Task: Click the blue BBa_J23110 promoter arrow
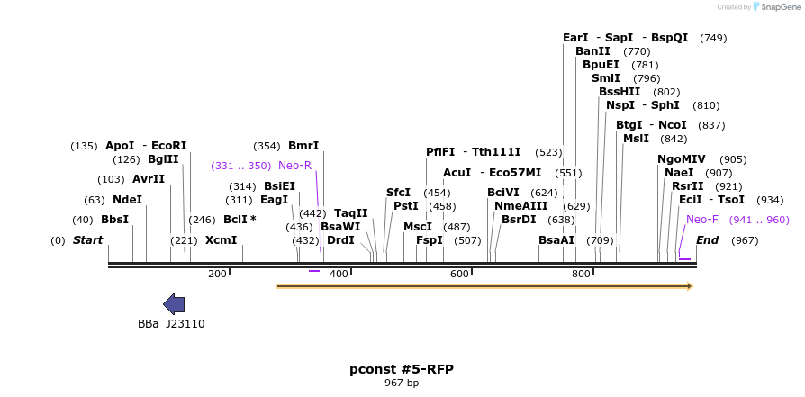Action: [174, 304]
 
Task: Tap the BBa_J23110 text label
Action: [171, 324]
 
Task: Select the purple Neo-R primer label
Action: [294, 166]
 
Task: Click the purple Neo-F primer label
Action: [702, 219]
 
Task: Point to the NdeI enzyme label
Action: [127, 199]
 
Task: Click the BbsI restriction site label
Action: [114, 220]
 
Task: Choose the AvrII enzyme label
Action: [149, 179]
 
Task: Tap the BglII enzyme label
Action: [163, 159]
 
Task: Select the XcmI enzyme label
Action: [221, 240]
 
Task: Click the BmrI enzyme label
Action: [303, 146]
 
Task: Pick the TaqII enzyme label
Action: [350, 213]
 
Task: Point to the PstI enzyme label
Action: [406, 206]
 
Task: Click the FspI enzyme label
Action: [429, 240]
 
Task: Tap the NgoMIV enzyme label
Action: [682, 159]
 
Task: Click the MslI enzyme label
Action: [636, 139]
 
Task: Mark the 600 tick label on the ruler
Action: [459, 274]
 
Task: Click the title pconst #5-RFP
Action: [402, 369]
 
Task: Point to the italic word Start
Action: [87, 240]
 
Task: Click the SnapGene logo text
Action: [780, 7]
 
